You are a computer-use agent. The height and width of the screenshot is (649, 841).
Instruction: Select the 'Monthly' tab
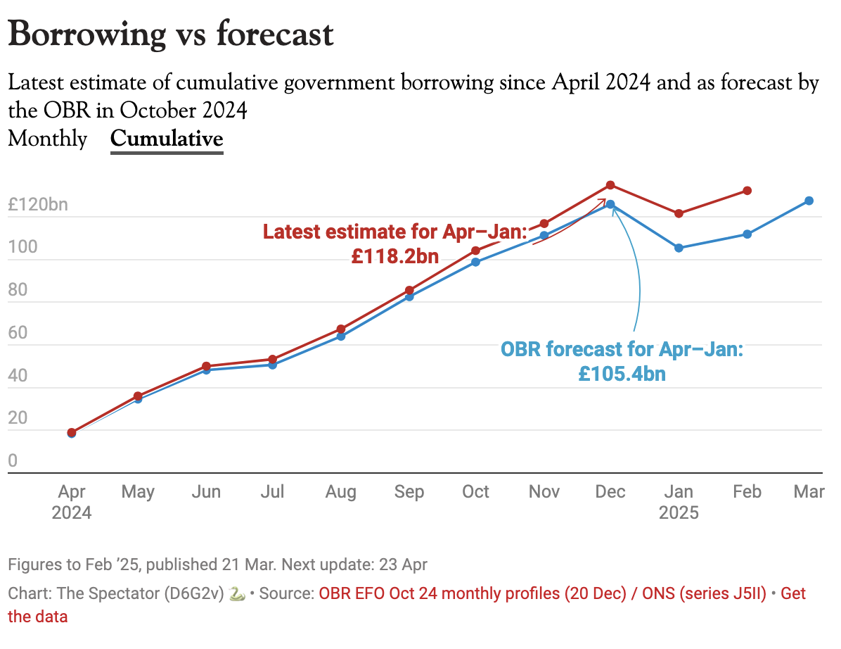click(x=47, y=139)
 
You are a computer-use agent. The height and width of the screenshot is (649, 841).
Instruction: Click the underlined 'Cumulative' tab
click(x=167, y=139)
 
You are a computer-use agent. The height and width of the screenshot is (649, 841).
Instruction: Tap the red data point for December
click(x=610, y=185)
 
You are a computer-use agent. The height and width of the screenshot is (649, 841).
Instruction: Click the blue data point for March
click(x=809, y=201)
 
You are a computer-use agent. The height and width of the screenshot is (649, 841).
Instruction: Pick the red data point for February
click(x=747, y=191)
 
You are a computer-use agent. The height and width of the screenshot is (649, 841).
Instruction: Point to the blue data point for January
click(x=679, y=248)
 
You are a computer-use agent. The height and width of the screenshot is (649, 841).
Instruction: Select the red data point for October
click(x=475, y=251)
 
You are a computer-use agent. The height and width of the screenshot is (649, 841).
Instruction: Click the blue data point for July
click(x=272, y=365)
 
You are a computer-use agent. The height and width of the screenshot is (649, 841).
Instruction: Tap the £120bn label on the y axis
click(x=38, y=205)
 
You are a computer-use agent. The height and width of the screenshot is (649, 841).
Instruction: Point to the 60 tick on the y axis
click(x=18, y=333)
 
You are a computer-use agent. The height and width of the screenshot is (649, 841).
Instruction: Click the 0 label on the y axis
click(x=13, y=461)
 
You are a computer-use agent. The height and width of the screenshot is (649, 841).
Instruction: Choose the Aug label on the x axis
click(x=340, y=491)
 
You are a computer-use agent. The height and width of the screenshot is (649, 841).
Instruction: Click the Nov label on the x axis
click(x=544, y=491)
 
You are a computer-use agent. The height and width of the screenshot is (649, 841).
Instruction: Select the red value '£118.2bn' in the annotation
click(x=394, y=256)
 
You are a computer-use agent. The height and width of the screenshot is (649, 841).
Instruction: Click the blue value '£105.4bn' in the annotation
click(x=622, y=373)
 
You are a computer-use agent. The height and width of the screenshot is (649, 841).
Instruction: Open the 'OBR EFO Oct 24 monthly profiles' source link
click(x=471, y=593)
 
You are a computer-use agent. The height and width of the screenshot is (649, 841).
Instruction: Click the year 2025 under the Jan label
click(x=679, y=512)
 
